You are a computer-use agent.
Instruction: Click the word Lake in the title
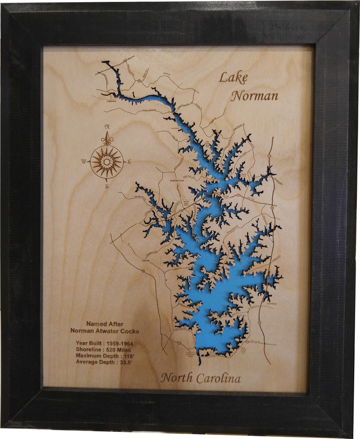tap(233, 78)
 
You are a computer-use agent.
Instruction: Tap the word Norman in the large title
tap(255, 95)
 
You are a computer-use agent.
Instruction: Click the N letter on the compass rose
tap(107, 126)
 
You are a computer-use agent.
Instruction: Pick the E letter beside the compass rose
tap(129, 161)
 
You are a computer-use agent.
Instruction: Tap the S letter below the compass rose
tap(106, 187)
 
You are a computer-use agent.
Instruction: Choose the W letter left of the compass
tap(84, 161)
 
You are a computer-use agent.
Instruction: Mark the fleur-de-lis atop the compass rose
tap(107, 140)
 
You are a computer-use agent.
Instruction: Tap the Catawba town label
tap(111, 101)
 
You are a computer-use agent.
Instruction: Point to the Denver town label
tap(145, 261)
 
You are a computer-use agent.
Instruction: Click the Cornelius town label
tap(271, 304)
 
